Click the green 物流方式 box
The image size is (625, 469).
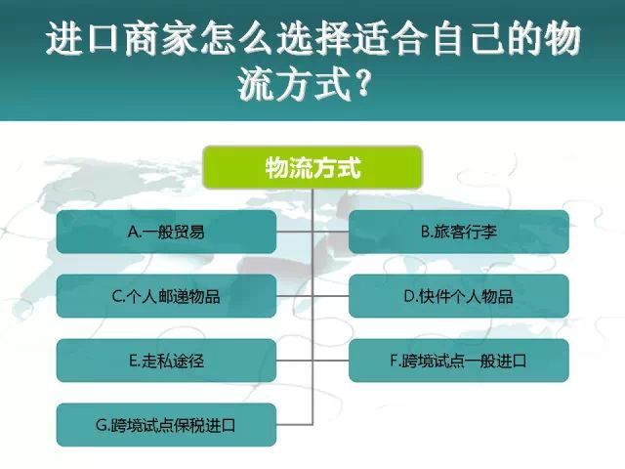click(x=312, y=167)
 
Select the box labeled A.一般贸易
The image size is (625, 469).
click(x=166, y=232)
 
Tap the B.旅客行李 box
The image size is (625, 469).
click(x=459, y=232)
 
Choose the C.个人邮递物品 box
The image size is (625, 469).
click(x=166, y=296)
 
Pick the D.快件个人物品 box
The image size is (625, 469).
click(x=459, y=296)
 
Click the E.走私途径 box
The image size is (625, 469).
click(x=166, y=361)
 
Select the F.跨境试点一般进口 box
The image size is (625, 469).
click(x=459, y=361)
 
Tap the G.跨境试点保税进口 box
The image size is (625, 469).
click(x=166, y=425)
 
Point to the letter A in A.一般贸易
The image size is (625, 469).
click(x=134, y=233)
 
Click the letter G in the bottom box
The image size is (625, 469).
click(x=102, y=425)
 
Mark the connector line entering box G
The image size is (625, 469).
click(x=295, y=424)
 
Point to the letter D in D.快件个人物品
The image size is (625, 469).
click(x=409, y=296)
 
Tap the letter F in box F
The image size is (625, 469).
click(x=395, y=361)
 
